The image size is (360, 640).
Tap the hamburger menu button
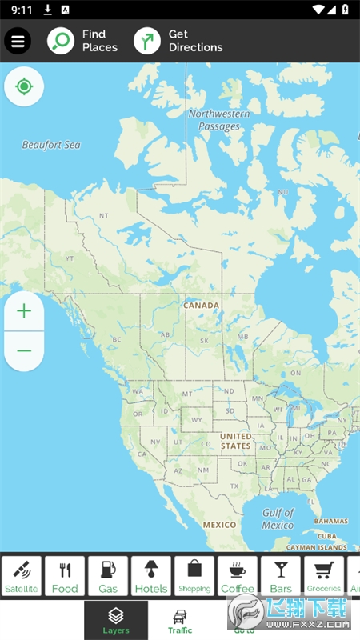[18, 41]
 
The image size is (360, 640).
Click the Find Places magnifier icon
[61, 41]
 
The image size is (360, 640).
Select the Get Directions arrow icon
[147, 41]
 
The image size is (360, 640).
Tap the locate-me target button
[24, 86]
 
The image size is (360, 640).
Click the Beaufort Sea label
[51, 145]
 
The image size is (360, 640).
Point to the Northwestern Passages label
[219, 120]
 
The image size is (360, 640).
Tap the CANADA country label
[201, 306]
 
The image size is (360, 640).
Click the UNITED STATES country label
[235, 441]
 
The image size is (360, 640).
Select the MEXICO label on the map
[219, 525]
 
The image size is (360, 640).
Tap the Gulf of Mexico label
[278, 519]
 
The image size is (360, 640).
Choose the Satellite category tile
[22, 576]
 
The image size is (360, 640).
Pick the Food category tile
[65, 576]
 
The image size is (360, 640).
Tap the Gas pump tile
[108, 576]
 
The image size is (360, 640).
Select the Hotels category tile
[151, 576]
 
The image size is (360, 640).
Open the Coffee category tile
[238, 576]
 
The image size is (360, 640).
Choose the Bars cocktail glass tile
[281, 576]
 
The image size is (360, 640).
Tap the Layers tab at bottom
[116, 620]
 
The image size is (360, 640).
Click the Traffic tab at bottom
[180, 620]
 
